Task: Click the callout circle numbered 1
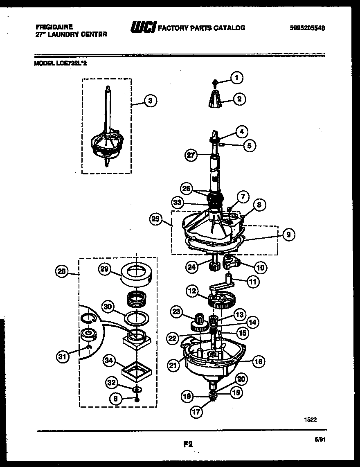click(236, 77)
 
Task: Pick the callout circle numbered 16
click(259, 361)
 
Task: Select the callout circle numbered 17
click(197, 412)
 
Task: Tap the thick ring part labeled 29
click(136, 275)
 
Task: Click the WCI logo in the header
click(143, 28)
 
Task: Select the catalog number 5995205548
click(310, 28)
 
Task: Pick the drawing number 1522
click(310, 419)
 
